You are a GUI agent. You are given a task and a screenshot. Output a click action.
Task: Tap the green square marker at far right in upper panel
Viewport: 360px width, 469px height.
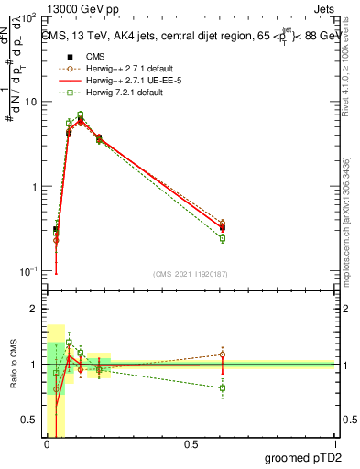tap(223, 238)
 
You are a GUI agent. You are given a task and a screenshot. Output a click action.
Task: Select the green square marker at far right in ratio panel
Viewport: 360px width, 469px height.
tap(223, 387)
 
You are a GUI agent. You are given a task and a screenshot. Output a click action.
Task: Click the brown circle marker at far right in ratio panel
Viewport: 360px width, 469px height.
tap(223, 354)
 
